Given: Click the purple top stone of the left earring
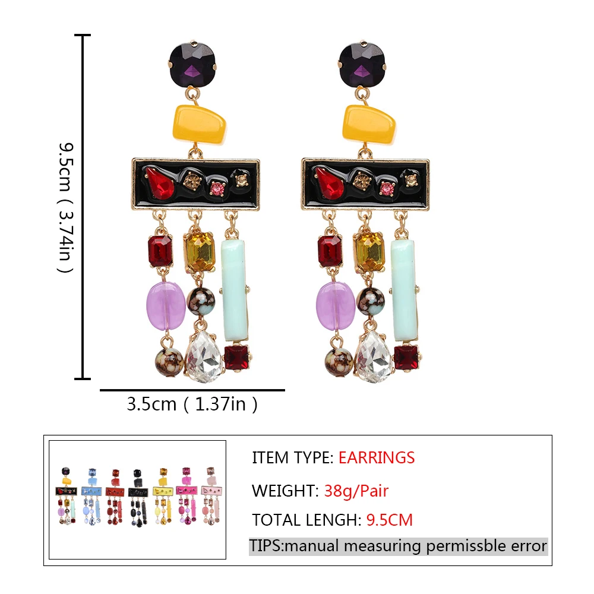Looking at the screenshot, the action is [x=192, y=65].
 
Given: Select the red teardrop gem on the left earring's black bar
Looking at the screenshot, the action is [x=160, y=182].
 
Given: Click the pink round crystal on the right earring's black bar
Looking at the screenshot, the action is [x=387, y=188].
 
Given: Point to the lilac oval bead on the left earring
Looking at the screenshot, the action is [x=166, y=305].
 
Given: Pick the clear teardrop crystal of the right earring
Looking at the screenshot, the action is [x=374, y=356].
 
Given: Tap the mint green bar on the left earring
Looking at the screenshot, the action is [x=235, y=290].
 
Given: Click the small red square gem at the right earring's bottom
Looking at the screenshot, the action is [x=406, y=358].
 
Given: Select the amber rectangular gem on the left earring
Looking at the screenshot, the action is [x=200, y=251].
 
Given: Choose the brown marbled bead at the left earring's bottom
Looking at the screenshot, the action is [x=169, y=362].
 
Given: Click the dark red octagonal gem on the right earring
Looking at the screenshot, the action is [x=330, y=251].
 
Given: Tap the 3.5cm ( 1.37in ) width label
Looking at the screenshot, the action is [x=192, y=404].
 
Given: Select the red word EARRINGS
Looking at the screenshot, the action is [x=377, y=457].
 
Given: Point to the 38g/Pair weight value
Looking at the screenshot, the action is [x=356, y=491].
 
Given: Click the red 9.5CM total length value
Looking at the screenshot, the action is [x=390, y=520].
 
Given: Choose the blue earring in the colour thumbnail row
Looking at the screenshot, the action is [x=91, y=496].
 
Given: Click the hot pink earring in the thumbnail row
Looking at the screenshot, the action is [x=187, y=496].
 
